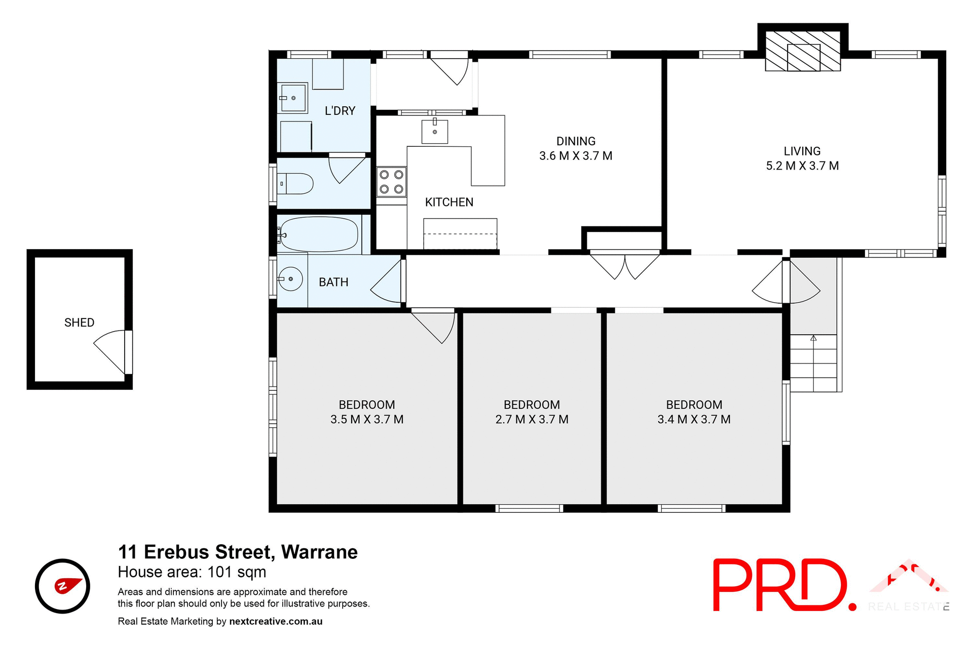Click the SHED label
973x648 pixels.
(x=79, y=322)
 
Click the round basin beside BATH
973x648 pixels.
(x=290, y=279)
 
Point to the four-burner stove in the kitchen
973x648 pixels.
(x=391, y=182)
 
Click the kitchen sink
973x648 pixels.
(x=435, y=132)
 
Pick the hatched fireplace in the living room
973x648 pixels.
(x=803, y=51)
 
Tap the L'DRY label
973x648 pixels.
(x=340, y=111)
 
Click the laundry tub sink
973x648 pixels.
(x=293, y=98)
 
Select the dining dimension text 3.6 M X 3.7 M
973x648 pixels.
(x=576, y=156)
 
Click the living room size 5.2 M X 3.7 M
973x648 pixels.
(x=802, y=166)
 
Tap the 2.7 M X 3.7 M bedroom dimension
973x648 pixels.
(x=532, y=420)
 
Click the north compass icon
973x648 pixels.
(x=62, y=586)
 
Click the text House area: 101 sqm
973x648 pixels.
(x=192, y=572)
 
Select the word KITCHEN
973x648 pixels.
(x=449, y=202)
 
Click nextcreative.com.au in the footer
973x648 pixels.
(x=276, y=621)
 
